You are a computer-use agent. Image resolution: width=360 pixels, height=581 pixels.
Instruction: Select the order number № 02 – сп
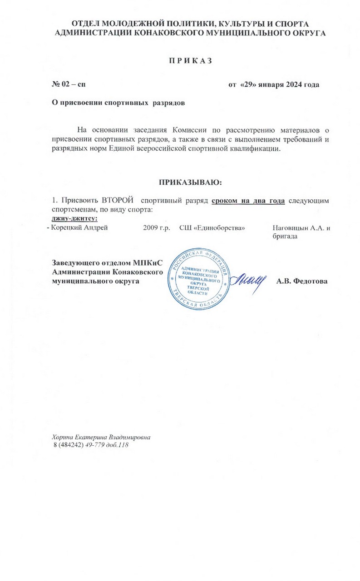69,84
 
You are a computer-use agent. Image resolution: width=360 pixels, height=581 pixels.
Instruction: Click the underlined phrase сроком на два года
248,200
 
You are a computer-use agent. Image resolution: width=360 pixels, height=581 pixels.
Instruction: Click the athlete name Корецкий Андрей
79,228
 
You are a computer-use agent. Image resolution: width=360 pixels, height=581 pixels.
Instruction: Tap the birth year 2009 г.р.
156,228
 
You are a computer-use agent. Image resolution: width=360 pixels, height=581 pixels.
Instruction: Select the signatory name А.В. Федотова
302,281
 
